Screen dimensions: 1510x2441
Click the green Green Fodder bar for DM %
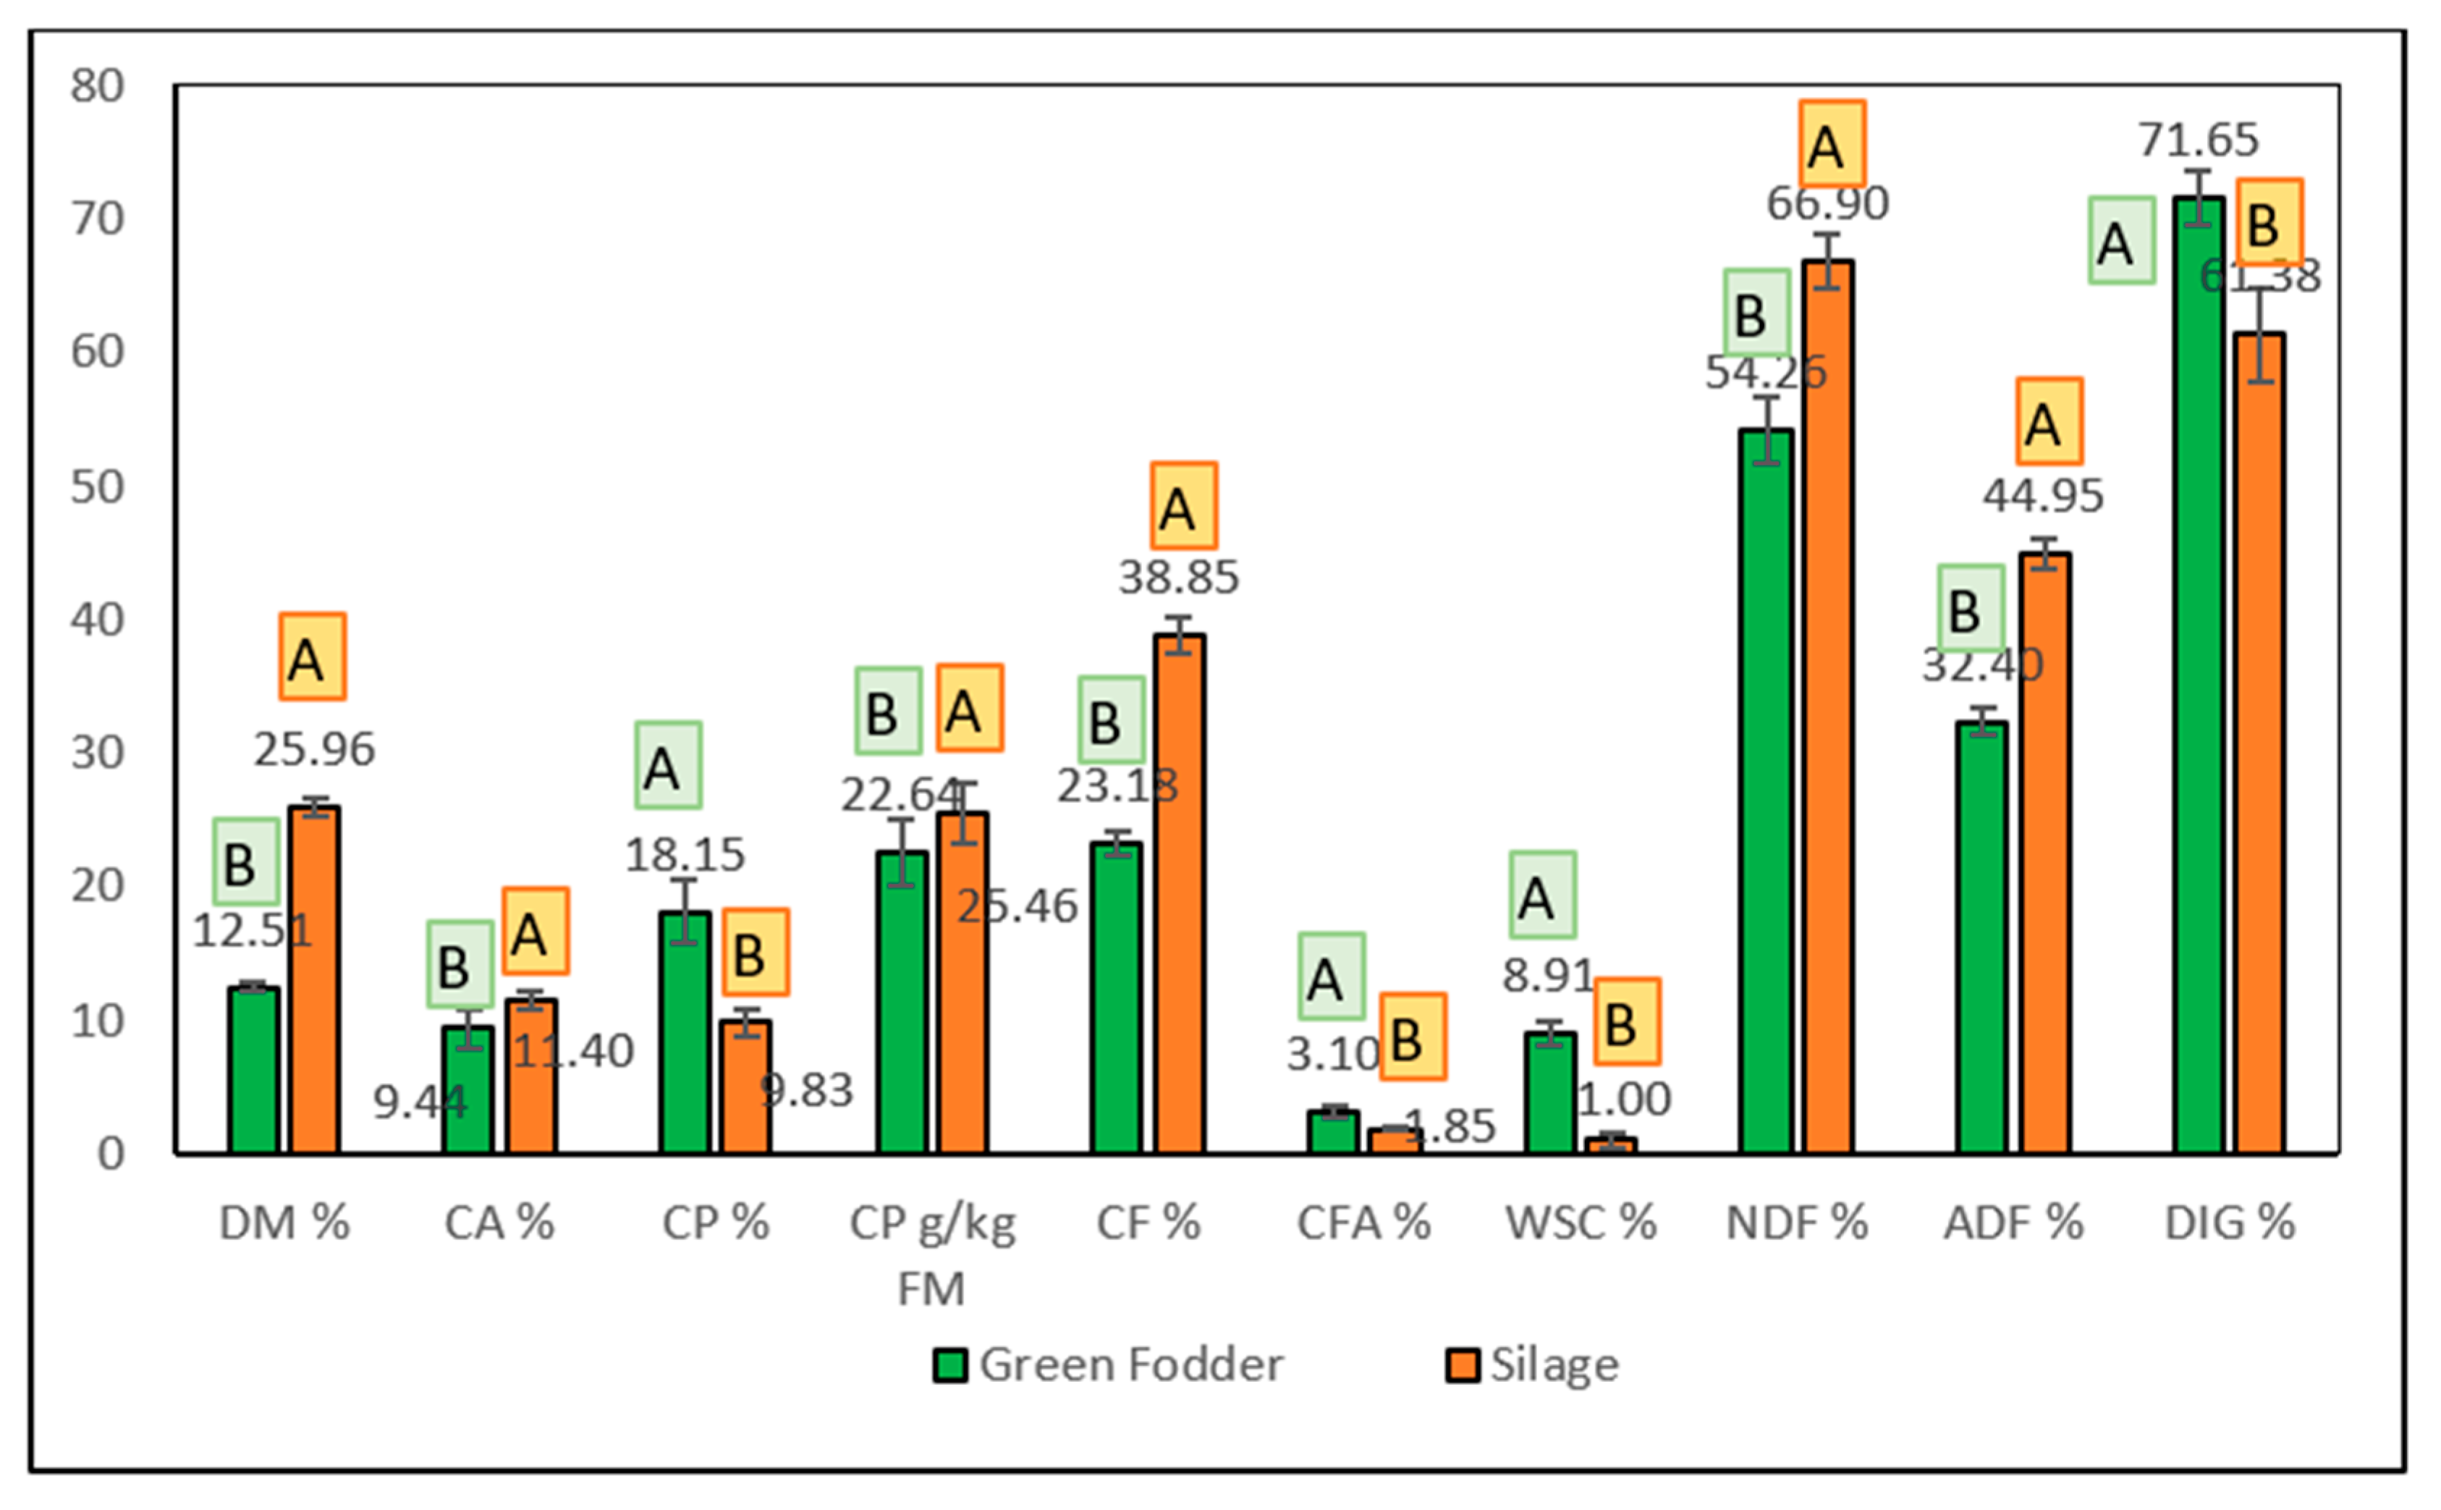253,1071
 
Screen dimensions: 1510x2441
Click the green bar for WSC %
1550,1094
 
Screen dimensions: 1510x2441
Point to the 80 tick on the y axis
97,87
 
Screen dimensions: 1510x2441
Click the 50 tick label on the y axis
97,487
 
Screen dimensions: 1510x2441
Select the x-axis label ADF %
2013,1223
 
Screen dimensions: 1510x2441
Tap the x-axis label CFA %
1363,1223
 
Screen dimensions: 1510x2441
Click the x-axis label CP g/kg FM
931,1254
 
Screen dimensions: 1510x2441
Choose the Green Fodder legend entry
1108,1365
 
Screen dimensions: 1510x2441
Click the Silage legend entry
1533,1365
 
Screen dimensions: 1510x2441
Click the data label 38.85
1178,577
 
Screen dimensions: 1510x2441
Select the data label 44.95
2043,495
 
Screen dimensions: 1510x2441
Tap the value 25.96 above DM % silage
315,750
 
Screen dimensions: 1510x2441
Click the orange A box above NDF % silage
1832,145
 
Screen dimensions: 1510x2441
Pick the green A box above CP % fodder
668,765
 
